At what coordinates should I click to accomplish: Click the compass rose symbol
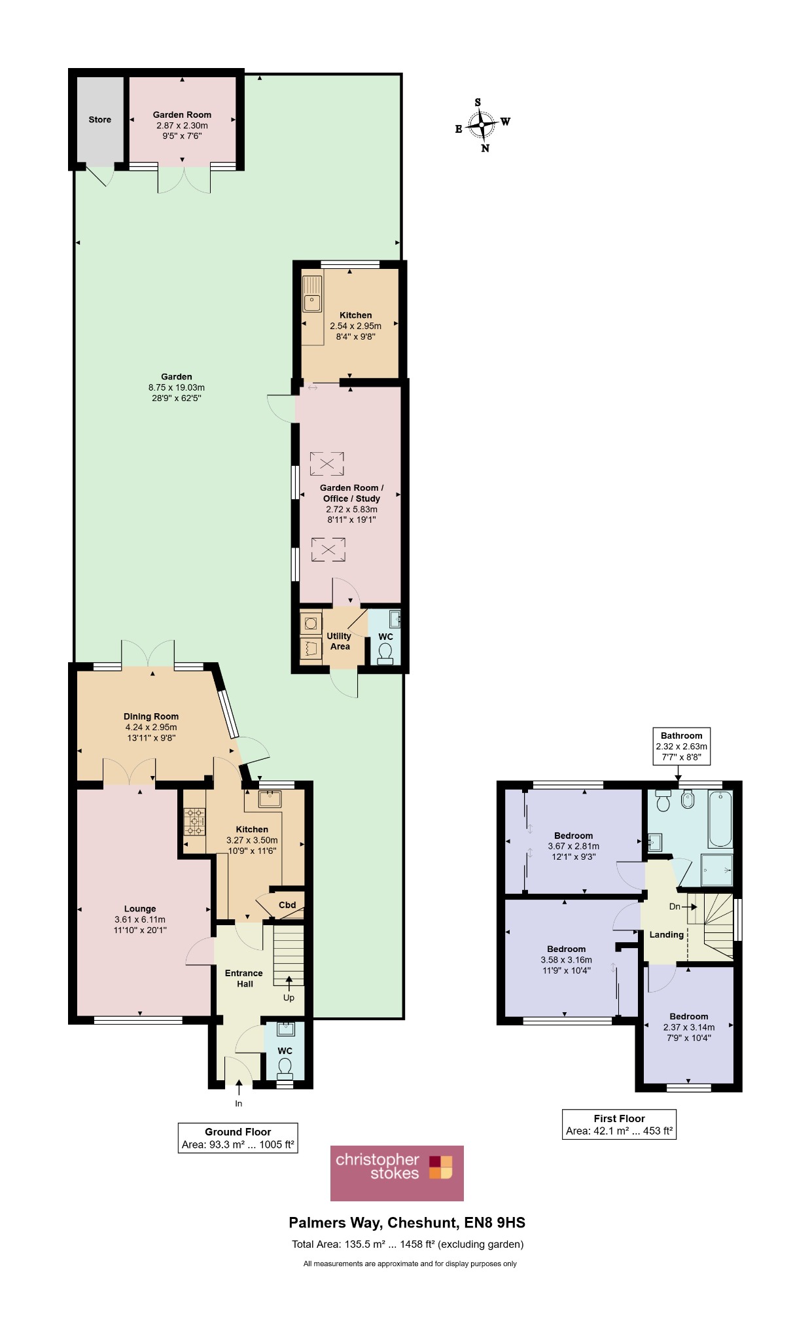pyautogui.click(x=482, y=124)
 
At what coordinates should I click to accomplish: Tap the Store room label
pyautogui.click(x=100, y=120)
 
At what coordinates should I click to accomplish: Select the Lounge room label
pyautogui.click(x=140, y=909)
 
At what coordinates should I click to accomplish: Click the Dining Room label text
pyautogui.click(x=151, y=716)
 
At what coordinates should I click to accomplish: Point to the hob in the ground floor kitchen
pyautogui.click(x=194, y=822)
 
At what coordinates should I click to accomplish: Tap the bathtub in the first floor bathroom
pyautogui.click(x=720, y=819)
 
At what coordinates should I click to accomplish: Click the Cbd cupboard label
pyautogui.click(x=287, y=905)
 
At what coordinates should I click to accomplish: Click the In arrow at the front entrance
pyautogui.click(x=239, y=1087)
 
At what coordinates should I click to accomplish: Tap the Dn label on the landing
pyautogui.click(x=675, y=907)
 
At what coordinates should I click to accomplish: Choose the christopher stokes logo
pyautogui.click(x=397, y=1173)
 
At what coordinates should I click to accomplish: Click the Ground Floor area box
pyautogui.click(x=238, y=1138)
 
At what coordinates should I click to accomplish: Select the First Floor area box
pyautogui.click(x=619, y=1125)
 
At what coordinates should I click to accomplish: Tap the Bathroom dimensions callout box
pyautogui.click(x=682, y=746)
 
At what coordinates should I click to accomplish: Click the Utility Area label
pyautogui.click(x=339, y=641)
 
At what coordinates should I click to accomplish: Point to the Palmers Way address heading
pyautogui.click(x=407, y=1223)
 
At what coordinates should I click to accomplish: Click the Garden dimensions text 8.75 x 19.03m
pyautogui.click(x=177, y=387)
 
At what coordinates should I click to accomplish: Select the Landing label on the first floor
pyautogui.click(x=666, y=934)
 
